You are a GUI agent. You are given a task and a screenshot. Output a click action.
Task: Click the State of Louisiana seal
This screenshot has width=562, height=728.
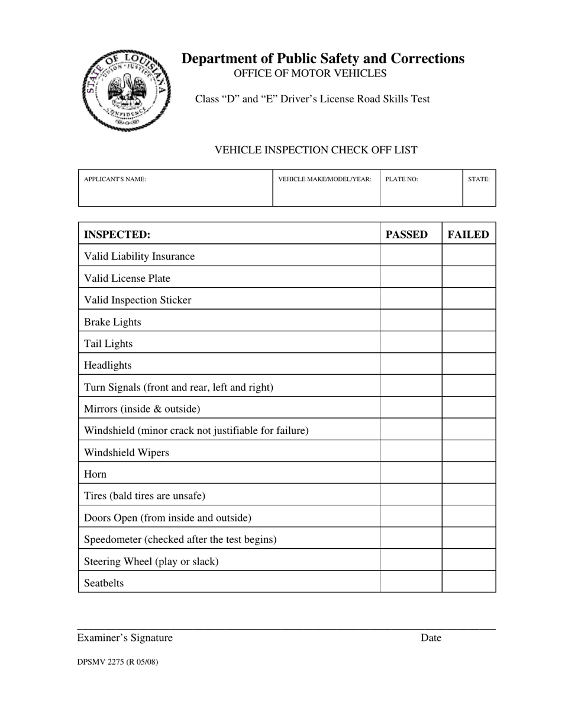[126, 90]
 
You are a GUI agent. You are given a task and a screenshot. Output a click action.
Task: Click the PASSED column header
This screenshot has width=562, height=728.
[406, 234]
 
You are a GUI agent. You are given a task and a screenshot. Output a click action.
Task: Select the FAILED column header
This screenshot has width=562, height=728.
[468, 234]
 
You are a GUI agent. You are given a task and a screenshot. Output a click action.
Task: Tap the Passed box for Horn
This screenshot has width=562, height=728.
[411, 474]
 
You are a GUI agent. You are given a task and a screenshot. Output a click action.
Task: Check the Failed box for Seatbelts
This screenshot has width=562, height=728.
[469, 583]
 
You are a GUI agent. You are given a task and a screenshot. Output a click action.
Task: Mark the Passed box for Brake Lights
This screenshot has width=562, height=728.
[411, 322]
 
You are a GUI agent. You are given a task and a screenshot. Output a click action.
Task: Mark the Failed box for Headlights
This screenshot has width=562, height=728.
[469, 365]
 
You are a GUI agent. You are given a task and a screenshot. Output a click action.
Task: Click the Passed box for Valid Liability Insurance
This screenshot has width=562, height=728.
[411, 256]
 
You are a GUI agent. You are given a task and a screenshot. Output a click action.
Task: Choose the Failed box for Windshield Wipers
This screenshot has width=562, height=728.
[469, 452]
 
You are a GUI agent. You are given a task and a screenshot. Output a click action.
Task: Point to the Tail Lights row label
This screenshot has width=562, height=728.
[108, 344]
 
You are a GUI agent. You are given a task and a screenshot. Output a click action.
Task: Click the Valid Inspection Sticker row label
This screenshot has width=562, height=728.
[138, 300]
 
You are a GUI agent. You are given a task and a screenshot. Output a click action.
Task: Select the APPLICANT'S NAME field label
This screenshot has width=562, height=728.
[115, 179]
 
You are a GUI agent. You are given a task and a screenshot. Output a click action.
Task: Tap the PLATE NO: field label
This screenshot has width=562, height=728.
[402, 179]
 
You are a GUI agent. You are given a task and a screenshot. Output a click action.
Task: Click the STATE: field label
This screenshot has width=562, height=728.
[479, 179]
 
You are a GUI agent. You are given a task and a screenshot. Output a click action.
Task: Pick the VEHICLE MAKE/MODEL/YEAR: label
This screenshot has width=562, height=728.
[325, 179]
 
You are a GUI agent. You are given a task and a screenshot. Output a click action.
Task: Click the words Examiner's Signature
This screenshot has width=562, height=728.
[125, 638]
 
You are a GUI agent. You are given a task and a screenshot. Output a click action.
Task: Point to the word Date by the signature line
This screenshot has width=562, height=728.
[431, 638]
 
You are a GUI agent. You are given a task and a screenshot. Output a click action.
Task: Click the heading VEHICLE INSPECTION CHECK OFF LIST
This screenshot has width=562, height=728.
[315, 150]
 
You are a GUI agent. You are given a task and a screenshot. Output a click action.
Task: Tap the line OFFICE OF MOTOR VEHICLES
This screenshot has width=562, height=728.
[310, 73]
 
